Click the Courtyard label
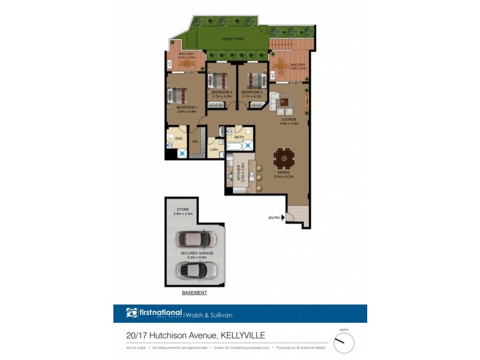tap(232, 39)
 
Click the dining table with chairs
tap(285, 160)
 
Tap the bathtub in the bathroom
tap(235, 146)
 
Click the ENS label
tap(178, 138)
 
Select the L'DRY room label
tap(214, 149)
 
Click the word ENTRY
tap(275, 217)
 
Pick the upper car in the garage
tap(196, 239)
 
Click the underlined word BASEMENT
tap(194, 293)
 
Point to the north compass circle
tap(344, 343)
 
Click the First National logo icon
tap(131, 313)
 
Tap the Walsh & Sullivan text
tap(209, 314)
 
